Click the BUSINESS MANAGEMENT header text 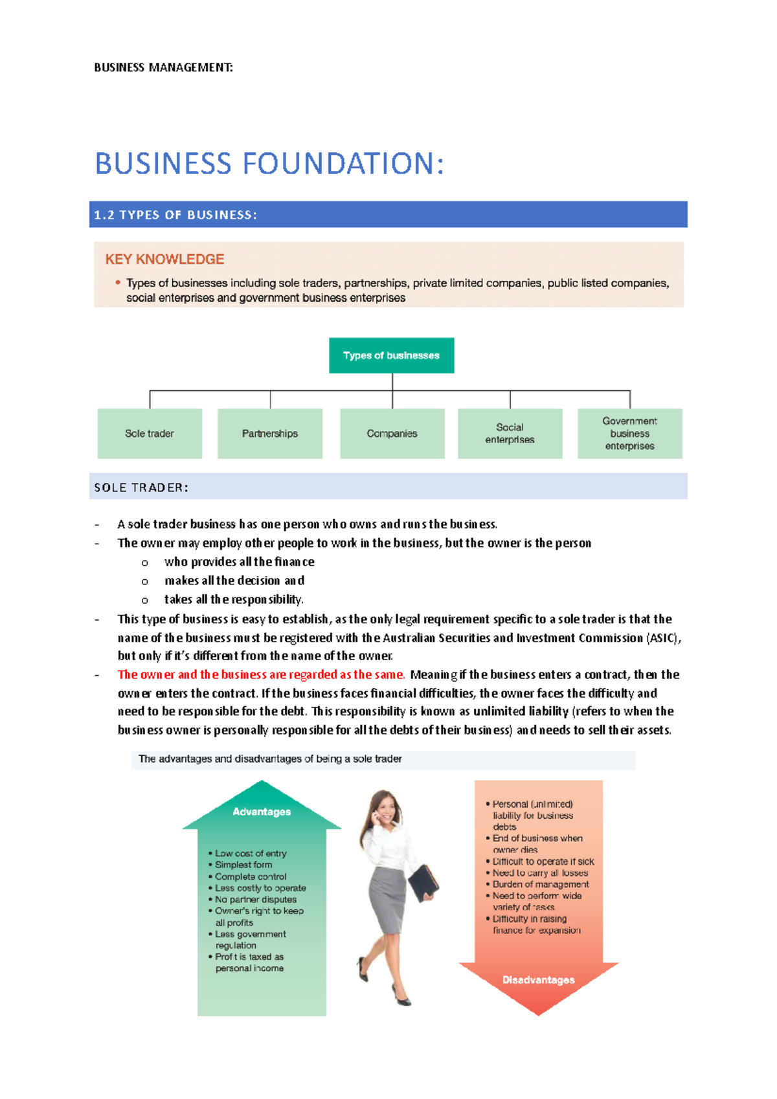[x=163, y=67]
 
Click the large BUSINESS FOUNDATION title [x=269, y=163]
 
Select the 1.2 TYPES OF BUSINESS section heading [x=175, y=215]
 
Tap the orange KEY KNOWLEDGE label [x=164, y=260]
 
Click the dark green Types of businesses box [x=391, y=355]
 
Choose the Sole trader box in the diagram [x=150, y=434]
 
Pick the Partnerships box [x=270, y=434]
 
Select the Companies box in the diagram [x=392, y=434]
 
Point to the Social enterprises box [x=510, y=434]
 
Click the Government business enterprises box [x=629, y=434]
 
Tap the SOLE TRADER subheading [x=141, y=487]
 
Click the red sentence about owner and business [x=261, y=674]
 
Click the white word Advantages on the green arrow [x=262, y=812]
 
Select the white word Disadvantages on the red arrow [x=538, y=980]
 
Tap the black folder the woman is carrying [x=423, y=882]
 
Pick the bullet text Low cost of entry [x=251, y=854]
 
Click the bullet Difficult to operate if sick [x=543, y=861]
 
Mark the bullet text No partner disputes [x=256, y=900]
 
